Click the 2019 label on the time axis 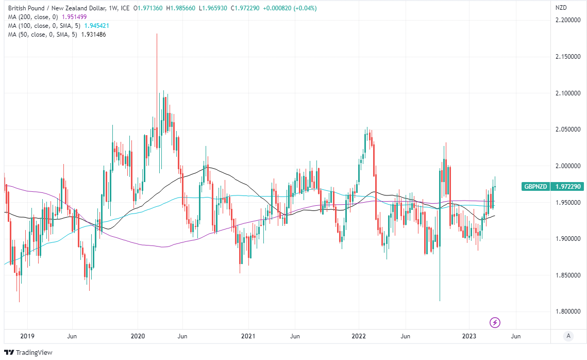coord(27,336)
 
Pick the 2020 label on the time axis coord(138,336)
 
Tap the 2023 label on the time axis coord(469,336)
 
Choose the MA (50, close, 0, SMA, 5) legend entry coord(39,34)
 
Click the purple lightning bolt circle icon coord(495,323)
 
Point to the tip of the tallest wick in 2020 coord(157,34)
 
